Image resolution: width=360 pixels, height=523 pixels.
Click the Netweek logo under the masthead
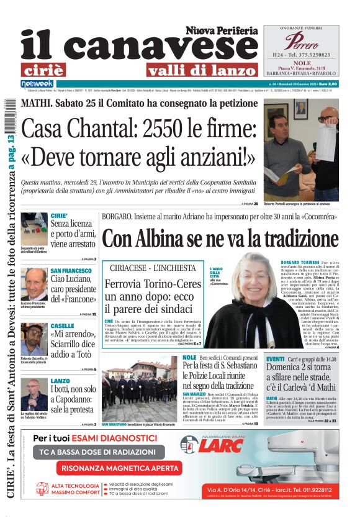pos(38,83)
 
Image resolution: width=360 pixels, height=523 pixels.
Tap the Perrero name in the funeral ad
pos(301,42)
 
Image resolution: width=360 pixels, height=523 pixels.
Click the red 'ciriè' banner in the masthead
pos(52,70)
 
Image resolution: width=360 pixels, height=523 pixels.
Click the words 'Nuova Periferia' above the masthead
pos(221,30)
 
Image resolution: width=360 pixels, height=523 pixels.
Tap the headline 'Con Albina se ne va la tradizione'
pos(220,239)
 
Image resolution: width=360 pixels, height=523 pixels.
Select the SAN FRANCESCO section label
pos(71,271)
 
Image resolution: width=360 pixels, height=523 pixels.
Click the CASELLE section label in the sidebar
pos(62,325)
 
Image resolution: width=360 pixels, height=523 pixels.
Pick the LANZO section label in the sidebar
pos(60,380)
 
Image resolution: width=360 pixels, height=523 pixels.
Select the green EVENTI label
pos(276,360)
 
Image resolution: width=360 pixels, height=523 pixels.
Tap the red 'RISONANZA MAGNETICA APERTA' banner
pos(115,468)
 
